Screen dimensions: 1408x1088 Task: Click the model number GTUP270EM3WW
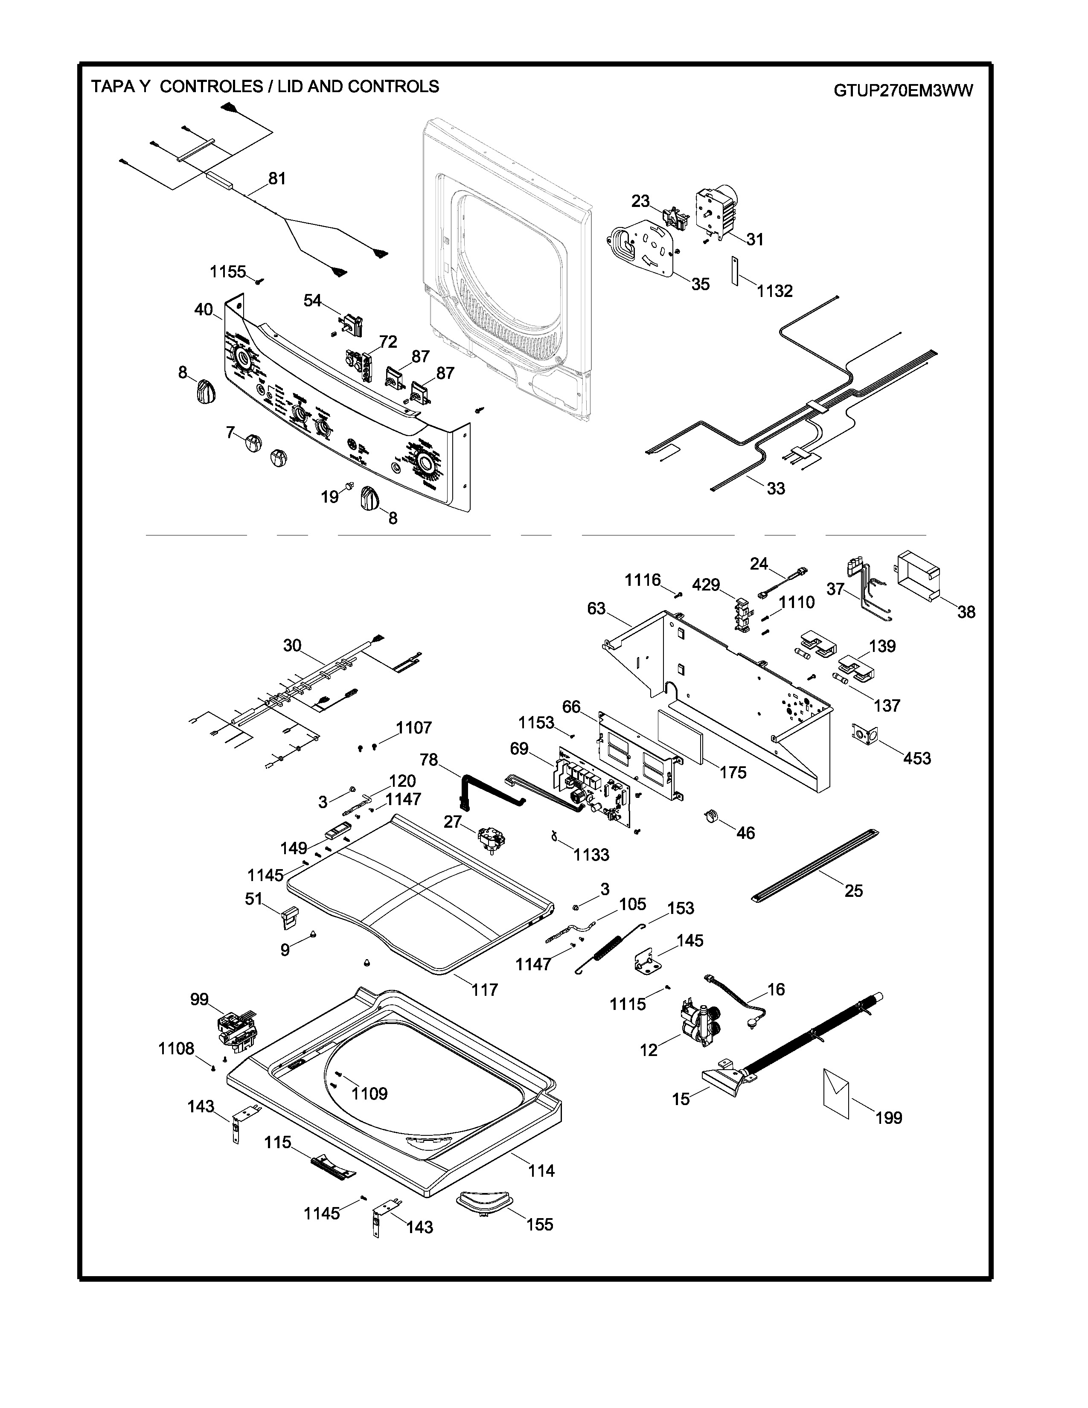(902, 90)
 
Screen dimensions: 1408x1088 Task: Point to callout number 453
(916, 758)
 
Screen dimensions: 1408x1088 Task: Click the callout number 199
(888, 1118)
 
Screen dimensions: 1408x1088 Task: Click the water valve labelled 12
(695, 1024)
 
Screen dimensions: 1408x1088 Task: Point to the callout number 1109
(369, 1094)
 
